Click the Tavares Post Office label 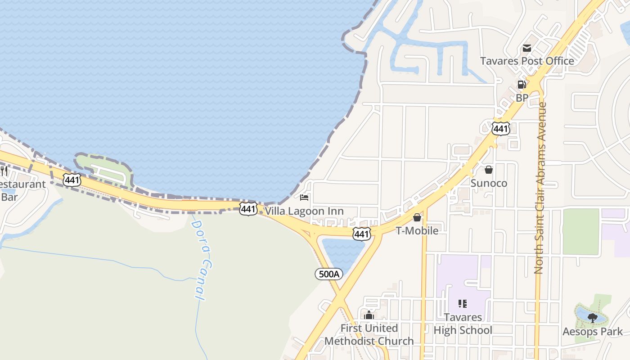[x=526, y=61]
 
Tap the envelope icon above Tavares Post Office [x=526, y=48]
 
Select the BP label [x=522, y=97]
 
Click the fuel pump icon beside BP [x=522, y=85]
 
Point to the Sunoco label [x=489, y=183]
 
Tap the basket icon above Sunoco [x=489, y=170]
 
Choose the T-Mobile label [x=417, y=230]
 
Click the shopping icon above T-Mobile [x=417, y=218]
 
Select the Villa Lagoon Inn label [x=304, y=211]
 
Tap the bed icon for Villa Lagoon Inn [x=304, y=197]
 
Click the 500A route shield [x=328, y=274]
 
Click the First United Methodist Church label [x=369, y=334]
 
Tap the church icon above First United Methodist [x=369, y=315]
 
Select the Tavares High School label [x=463, y=324]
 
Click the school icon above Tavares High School [x=463, y=304]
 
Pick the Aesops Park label [x=593, y=332]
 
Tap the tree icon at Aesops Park [x=593, y=318]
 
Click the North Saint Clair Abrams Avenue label [x=539, y=188]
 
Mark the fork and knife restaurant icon [x=4, y=171]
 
